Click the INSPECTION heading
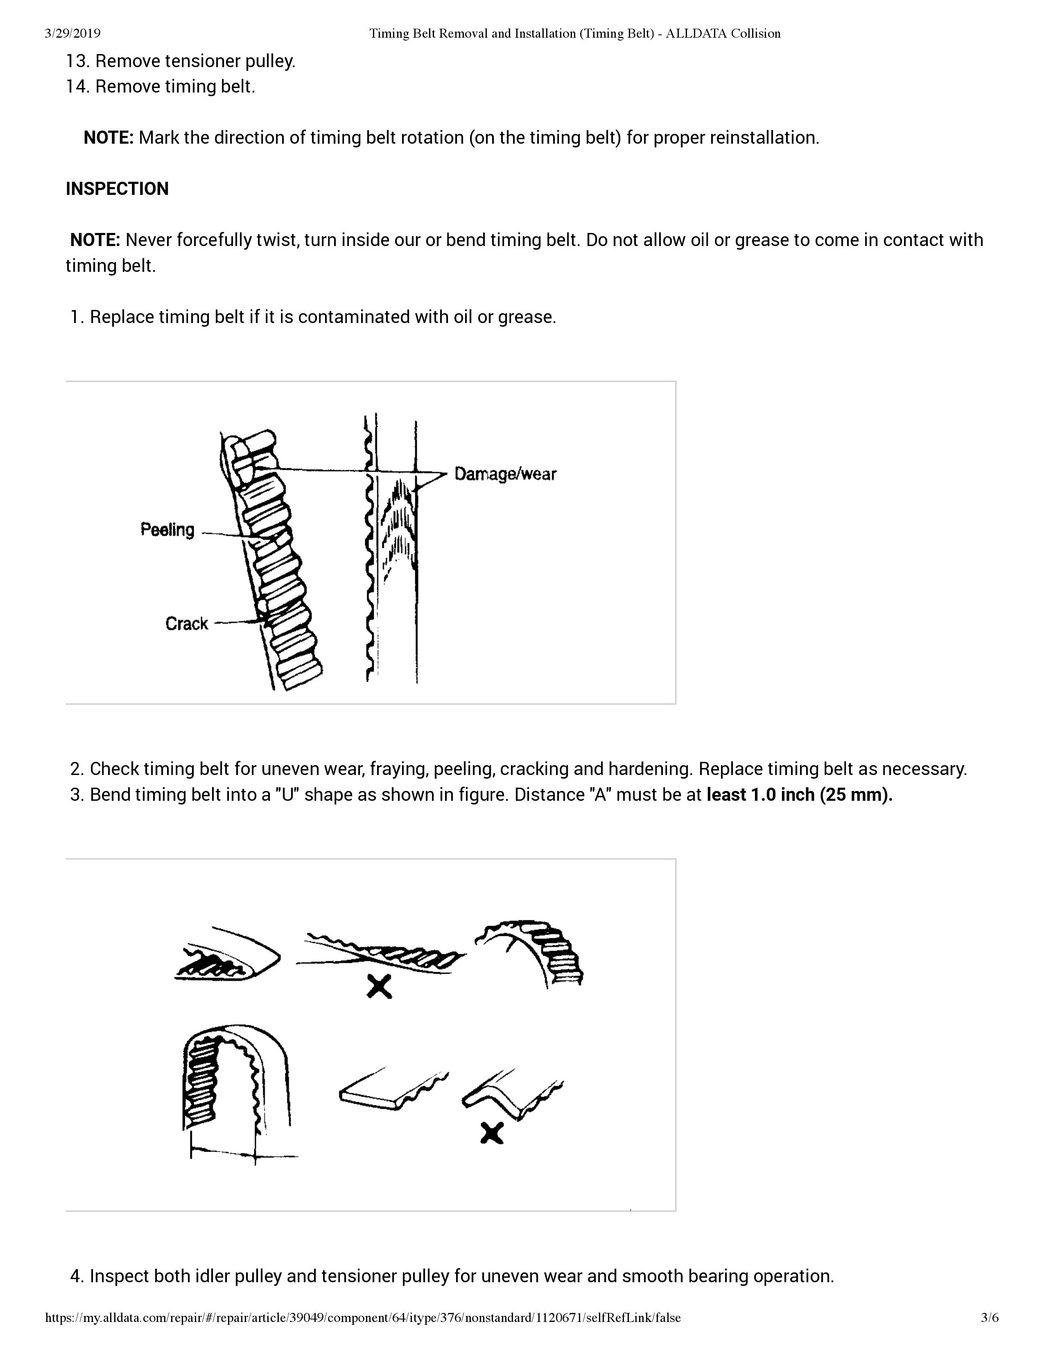tap(117, 189)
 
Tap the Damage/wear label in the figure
tap(505, 474)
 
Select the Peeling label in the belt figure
tap(167, 530)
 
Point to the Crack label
tap(186, 624)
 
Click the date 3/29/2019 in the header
tap(72, 34)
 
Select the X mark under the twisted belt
tap(379, 986)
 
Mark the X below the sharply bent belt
tap(492, 1133)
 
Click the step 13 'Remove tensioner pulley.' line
tap(181, 61)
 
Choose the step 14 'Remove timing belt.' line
tap(161, 87)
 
